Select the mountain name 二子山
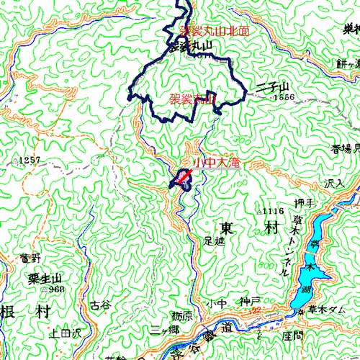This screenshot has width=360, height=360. [x=271, y=87]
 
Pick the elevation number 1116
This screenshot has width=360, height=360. [x=271, y=211]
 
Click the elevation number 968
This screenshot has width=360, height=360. [x=56, y=289]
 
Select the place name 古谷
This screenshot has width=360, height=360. [x=100, y=305]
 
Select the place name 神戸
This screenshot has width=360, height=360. [x=249, y=301]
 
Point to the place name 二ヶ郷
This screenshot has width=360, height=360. [x=164, y=332]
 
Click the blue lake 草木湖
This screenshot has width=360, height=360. [x=310, y=270]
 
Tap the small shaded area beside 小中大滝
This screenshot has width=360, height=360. [x=181, y=180]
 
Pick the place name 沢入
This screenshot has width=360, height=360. [x=334, y=184]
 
